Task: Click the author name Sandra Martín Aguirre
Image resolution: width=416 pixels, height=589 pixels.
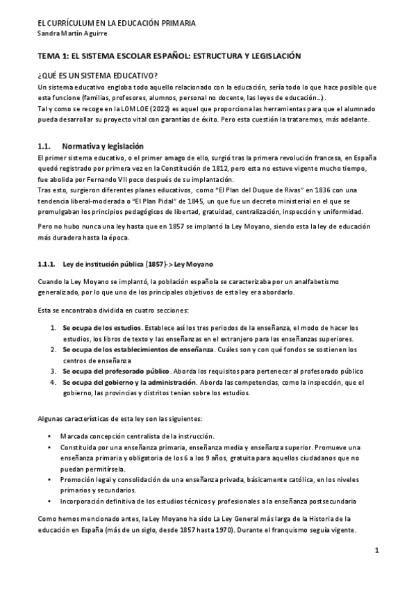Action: tap(71, 34)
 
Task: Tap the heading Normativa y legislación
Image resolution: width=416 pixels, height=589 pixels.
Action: tap(103, 147)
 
